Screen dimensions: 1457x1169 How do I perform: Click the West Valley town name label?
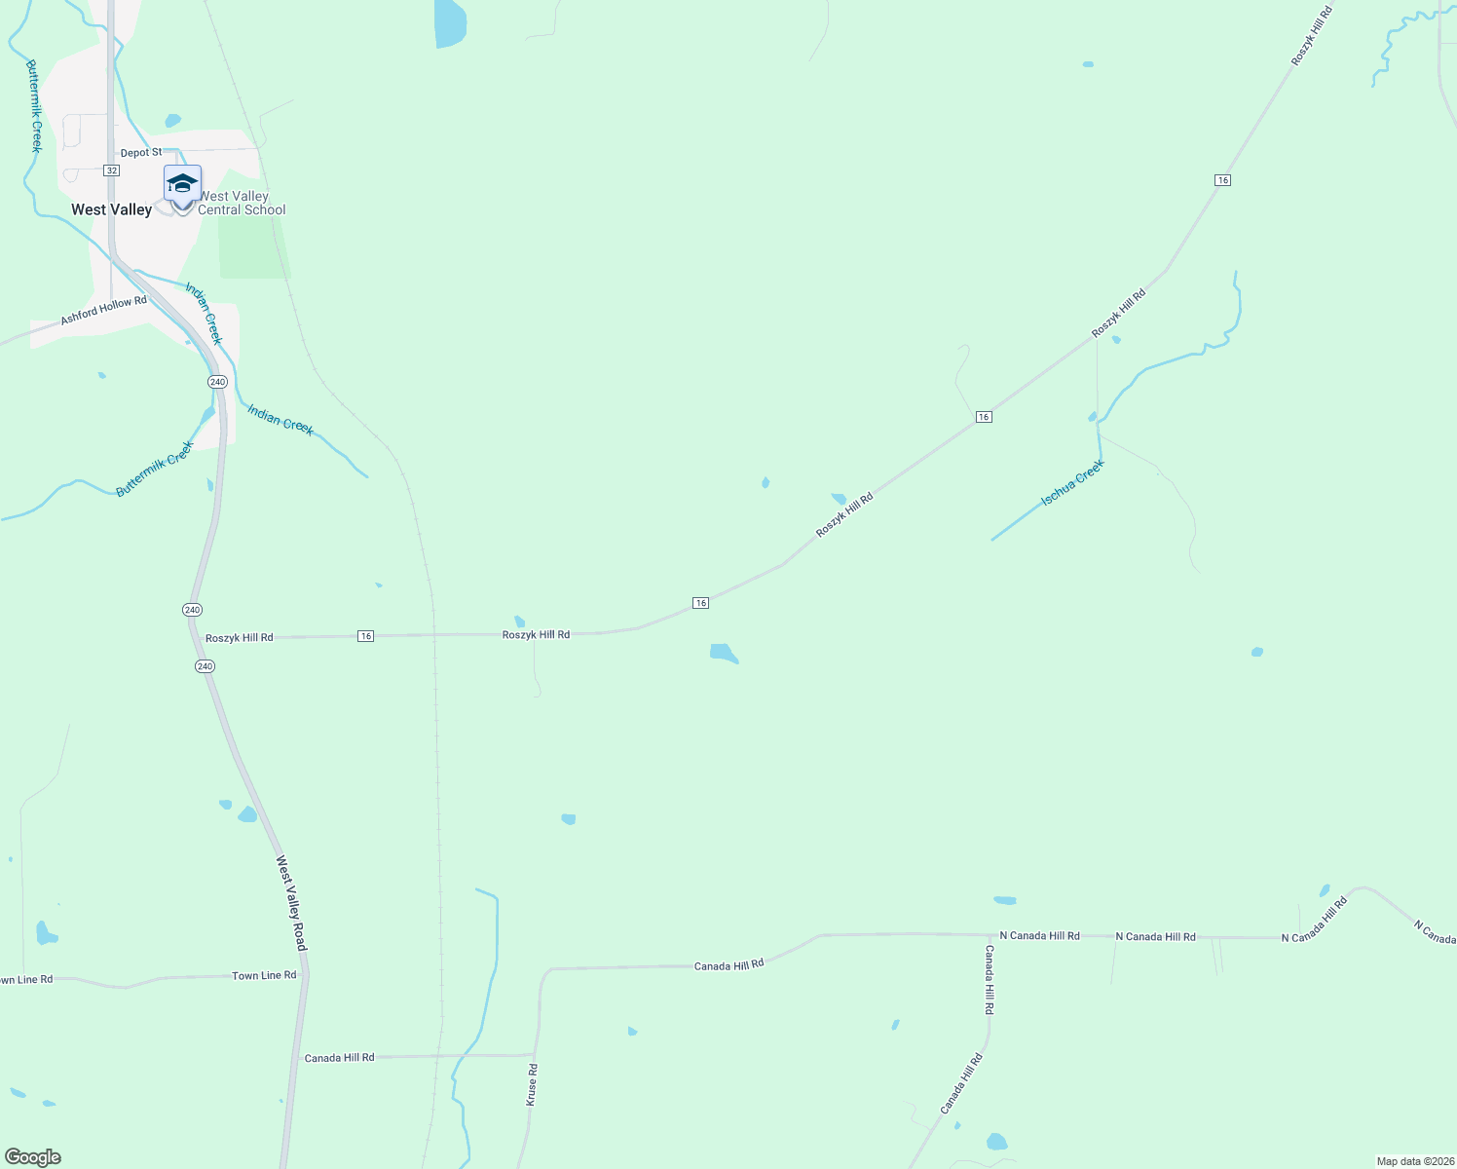[x=111, y=209]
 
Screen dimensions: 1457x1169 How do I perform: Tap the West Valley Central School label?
[x=242, y=203]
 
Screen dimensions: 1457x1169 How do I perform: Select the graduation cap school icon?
[x=182, y=183]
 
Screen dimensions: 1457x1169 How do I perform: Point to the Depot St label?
[x=141, y=153]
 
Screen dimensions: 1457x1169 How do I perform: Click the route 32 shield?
[x=112, y=170]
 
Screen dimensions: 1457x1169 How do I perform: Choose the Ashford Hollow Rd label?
[x=103, y=311]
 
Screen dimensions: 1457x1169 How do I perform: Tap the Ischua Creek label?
[x=1072, y=483]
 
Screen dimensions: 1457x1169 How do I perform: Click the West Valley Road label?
[x=291, y=903]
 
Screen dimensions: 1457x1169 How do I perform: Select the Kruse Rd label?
[x=532, y=1083]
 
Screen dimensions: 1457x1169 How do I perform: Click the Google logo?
[x=32, y=1157]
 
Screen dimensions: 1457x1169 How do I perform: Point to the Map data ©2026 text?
[x=1414, y=1161]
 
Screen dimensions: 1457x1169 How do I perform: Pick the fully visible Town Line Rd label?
[x=264, y=975]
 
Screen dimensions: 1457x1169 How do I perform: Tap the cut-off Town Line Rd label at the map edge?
[x=26, y=979]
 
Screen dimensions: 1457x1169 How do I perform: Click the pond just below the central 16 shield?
[x=724, y=653]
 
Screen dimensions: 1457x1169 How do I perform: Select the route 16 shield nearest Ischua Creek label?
[x=984, y=417]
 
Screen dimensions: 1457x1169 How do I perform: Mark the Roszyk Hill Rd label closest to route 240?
[x=240, y=638]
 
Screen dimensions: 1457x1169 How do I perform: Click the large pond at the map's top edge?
[x=450, y=21]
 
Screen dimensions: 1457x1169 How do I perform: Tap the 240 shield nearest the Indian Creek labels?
[x=217, y=382]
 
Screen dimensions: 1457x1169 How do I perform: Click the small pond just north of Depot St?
[x=172, y=121]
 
